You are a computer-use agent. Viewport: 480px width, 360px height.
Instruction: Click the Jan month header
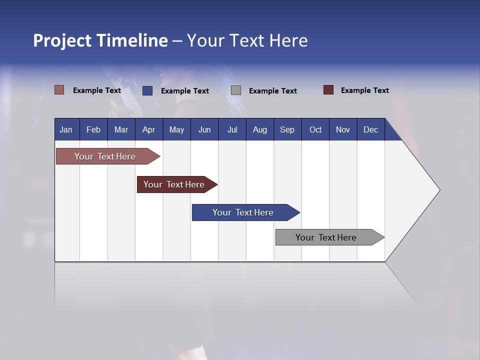click(x=66, y=129)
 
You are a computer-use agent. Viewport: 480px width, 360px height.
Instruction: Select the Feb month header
click(x=93, y=129)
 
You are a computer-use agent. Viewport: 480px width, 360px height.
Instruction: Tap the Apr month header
click(x=148, y=129)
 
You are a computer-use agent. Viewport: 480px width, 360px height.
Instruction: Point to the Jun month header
click(x=204, y=129)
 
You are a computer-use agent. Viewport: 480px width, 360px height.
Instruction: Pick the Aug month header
click(x=260, y=129)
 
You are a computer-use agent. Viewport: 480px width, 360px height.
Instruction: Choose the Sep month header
click(x=287, y=129)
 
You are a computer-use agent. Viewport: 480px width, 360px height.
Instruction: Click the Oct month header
click(x=315, y=129)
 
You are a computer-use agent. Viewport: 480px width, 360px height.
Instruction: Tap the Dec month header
click(x=371, y=129)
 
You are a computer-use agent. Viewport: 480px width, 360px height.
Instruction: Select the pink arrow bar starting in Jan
click(x=105, y=156)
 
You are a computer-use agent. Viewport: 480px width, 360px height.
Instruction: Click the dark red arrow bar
click(x=174, y=184)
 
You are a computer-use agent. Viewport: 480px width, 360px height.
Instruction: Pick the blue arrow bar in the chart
click(x=243, y=212)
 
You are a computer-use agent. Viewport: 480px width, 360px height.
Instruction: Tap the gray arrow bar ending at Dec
click(x=326, y=237)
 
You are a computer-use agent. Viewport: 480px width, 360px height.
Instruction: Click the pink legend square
click(x=59, y=90)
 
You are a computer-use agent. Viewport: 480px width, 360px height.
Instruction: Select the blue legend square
click(x=147, y=90)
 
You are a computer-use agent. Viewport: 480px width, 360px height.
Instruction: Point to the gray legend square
click(x=236, y=90)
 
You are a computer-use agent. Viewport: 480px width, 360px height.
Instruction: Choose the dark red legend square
click(x=328, y=90)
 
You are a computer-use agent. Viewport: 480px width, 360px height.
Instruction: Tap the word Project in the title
click(x=62, y=40)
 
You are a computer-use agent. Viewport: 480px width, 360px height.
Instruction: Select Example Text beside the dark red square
click(x=364, y=90)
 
